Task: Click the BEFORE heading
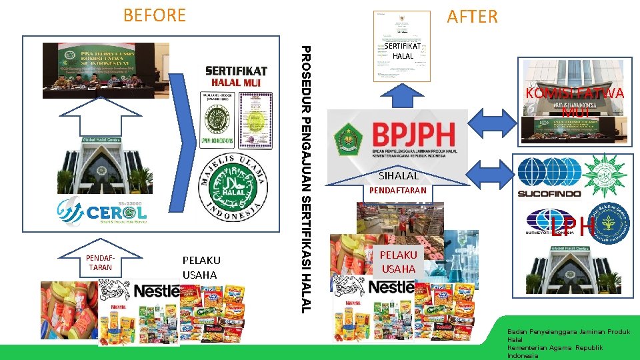155,15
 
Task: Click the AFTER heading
472,17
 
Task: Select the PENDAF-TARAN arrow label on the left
100,262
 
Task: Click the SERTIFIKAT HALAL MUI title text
236,76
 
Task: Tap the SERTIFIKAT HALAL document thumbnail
402,46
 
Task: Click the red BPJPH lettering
413,135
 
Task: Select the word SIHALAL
399,176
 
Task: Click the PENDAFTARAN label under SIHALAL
398,191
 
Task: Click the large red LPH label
573,227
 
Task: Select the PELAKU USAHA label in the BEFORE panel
201,267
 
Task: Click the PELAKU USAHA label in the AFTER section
399,261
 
